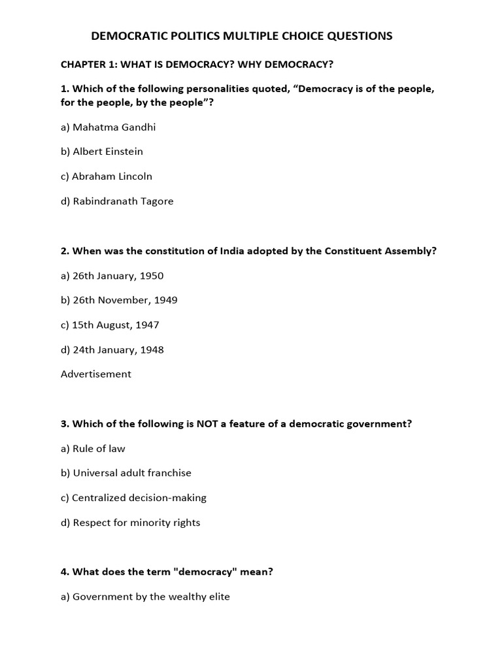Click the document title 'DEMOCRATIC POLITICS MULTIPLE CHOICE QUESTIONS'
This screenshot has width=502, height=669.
[x=242, y=36]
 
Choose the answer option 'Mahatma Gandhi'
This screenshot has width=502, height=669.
[x=109, y=127]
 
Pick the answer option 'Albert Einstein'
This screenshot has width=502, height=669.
[x=102, y=152]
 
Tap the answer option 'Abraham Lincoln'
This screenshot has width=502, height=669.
[x=107, y=176]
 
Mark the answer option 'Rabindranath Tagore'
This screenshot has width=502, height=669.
[x=117, y=201]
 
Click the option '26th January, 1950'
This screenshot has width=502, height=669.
[x=112, y=276]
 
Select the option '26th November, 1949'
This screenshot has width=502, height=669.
[x=119, y=301]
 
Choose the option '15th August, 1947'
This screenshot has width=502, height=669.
[x=110, y=325]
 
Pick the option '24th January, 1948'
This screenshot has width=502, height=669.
[x=112, y=350]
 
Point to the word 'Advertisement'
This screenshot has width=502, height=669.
[x=96, y=374]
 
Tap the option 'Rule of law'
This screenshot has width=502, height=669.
[x=93, y=449]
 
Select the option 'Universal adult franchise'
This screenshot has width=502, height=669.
[x=126, y=473]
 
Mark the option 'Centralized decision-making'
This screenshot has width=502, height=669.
[x=133, y=498]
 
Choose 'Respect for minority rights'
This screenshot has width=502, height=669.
[x=131, y=523]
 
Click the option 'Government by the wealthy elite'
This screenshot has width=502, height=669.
[x=145, y=596]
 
